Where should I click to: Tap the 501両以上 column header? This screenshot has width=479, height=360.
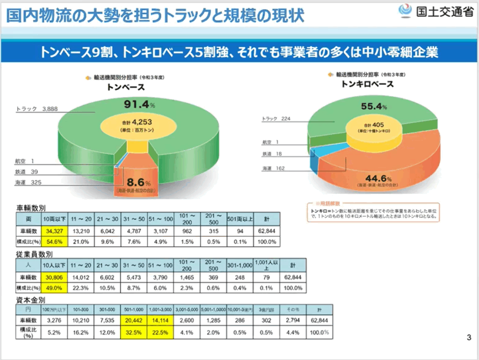pyautogui.click(x=240, y=218)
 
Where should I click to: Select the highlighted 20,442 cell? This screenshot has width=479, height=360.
pyautogui.click(x=133, y=321)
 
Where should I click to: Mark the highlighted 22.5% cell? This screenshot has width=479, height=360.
pyautogui.click(x=160, y=332)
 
